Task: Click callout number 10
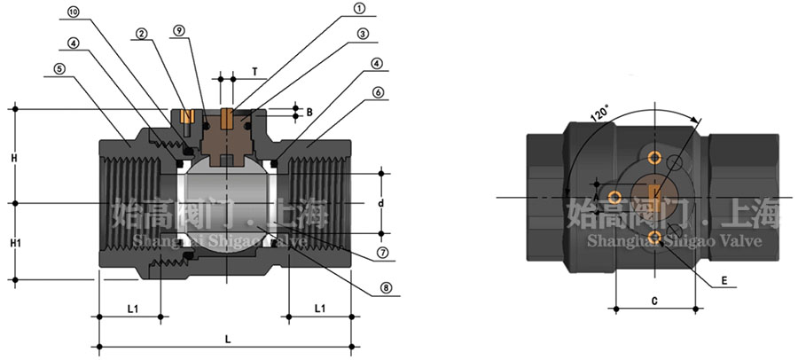point(73,12)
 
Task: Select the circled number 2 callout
point(141,34)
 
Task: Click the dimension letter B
point(309,112)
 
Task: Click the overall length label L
point(229,338)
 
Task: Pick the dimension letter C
point(653,301)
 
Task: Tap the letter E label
point(724,281)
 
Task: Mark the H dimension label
point(14,157)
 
